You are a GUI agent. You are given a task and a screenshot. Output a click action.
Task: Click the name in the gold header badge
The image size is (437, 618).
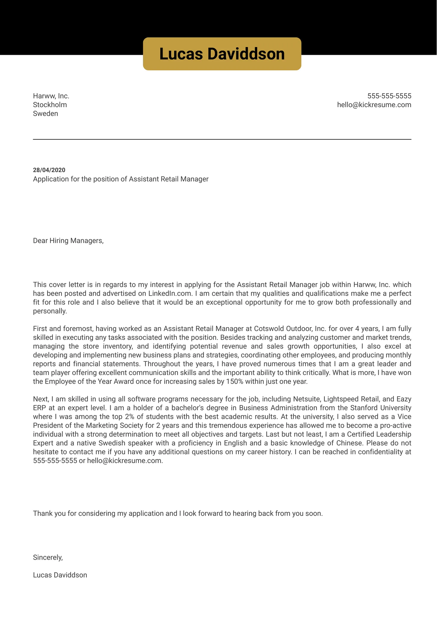[x=222, y=54]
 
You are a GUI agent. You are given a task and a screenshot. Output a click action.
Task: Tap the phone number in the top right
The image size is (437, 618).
[x=389, y=96]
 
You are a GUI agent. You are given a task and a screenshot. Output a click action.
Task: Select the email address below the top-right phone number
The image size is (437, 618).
[x=374, y=105]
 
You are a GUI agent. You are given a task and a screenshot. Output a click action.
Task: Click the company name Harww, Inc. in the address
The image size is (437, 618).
[x=51, y=96]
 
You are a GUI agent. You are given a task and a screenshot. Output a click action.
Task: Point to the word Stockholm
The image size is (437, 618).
[x=50, y=105]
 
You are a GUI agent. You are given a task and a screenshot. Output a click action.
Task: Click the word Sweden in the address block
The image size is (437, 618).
[x=45, y=114]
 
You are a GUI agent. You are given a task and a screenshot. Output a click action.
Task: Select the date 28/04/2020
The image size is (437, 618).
[x=49, y=170]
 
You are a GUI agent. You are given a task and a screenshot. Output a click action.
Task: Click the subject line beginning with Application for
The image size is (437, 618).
[x=121, y=179]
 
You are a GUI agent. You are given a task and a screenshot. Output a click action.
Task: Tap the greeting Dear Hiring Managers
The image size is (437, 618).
[x=68, y=241]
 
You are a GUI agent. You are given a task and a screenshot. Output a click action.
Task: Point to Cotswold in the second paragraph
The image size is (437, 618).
[x=269, y=329]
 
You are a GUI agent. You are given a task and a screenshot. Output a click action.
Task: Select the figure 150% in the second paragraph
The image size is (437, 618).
[x=235, y=382]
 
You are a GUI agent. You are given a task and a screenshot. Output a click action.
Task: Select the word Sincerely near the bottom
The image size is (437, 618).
[x=48, y=558]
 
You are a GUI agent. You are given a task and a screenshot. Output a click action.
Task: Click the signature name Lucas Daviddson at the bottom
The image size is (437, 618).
[x=60, y=575]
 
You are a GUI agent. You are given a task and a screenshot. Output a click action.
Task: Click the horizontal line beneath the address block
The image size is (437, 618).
[x=222, y=139]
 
